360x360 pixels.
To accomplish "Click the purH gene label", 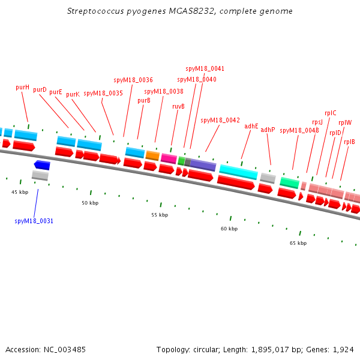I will tap(22, 87).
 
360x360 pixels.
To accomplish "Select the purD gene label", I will tap(40, 89).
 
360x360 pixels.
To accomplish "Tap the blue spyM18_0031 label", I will tap(34, 221).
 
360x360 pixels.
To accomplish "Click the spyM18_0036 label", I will tap(133, 80).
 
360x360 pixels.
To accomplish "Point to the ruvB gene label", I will tap(178, 106).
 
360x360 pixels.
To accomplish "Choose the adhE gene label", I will tap(251, 126).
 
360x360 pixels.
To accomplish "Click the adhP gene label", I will tap(268, 130).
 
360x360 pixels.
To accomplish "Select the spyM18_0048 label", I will tap(299, 130).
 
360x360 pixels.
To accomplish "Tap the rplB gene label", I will tap(349, 142).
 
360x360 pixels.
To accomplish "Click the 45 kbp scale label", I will tap(20, 192).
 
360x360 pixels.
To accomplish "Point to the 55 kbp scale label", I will tap(158, 215).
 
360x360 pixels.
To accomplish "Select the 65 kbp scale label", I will tap(298, 243).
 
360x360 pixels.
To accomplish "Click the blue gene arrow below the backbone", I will tap(42, 164).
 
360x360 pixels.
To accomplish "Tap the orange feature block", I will tap(152, 155).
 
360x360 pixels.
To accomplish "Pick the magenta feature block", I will tap(169, 158).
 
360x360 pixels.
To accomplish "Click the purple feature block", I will tap(203, 165).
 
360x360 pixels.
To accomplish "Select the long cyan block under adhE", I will tap(238, 172).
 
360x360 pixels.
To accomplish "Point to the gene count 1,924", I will tap(345, 349).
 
